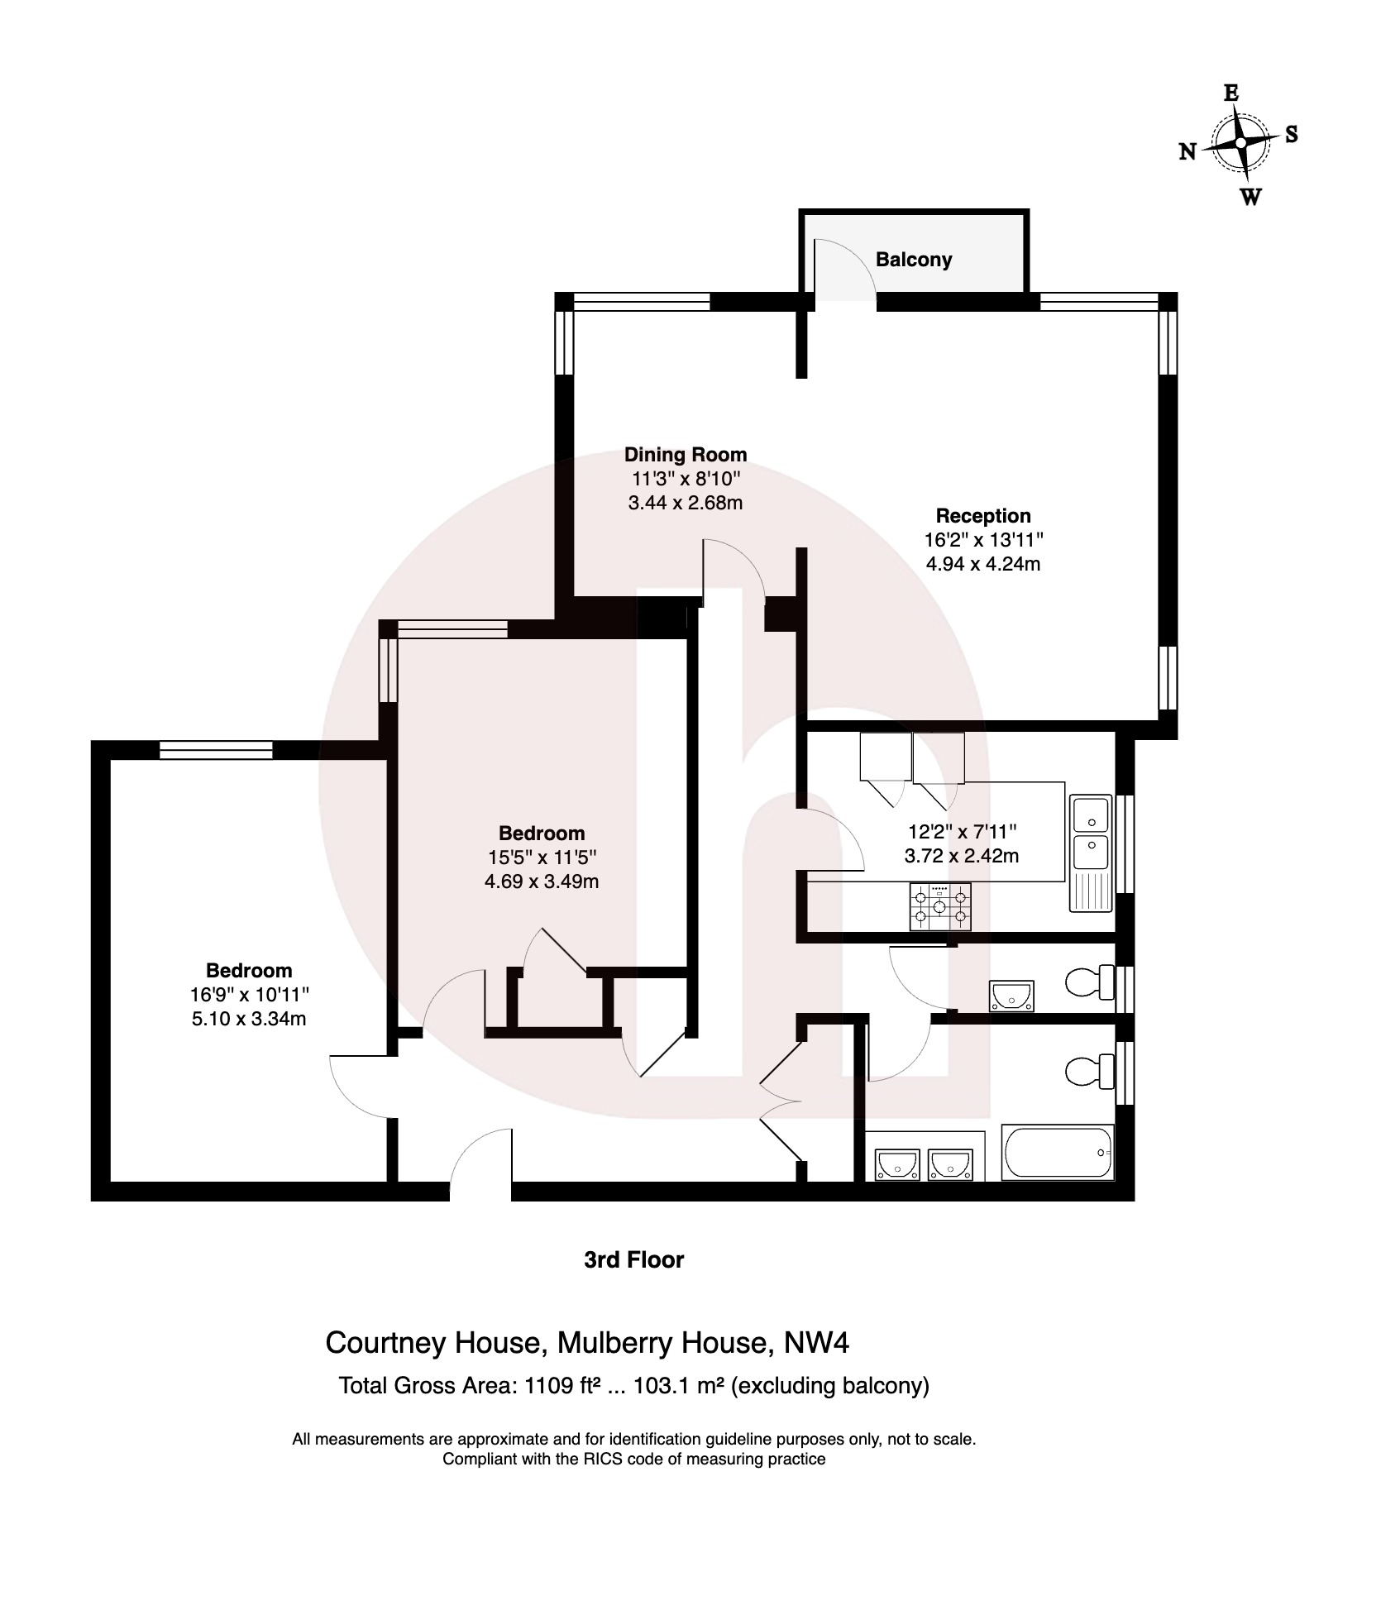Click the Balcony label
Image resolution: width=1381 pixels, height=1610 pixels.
point(913,260)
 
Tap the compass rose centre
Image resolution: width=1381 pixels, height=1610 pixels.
point(1240,143)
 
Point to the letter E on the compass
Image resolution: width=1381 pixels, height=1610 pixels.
point(1230,93)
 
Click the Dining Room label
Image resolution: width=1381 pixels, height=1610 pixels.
point(685,454)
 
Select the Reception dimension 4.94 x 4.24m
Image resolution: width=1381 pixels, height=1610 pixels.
point(982,564)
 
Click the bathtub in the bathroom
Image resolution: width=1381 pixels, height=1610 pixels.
point(1057,1153)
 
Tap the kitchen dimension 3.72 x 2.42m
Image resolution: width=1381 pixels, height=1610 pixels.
point(961,856)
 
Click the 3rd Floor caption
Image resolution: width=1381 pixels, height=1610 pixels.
point(633,1259)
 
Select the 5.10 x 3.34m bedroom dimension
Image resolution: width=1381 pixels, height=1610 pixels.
point(248,1019)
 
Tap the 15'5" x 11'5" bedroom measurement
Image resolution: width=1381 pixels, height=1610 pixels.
point(541,858)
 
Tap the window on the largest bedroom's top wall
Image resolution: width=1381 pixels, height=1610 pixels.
point(216,750)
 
